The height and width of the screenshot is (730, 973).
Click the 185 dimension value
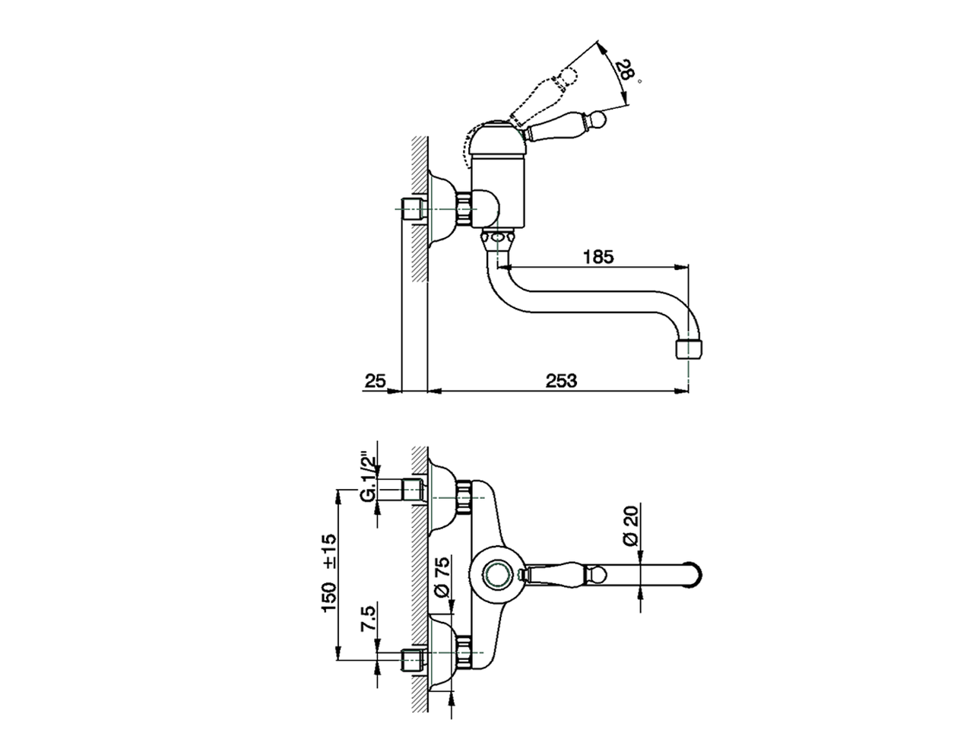[x=597, y=256]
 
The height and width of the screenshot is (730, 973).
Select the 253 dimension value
[x=561, y=381]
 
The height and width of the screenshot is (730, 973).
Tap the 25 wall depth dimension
[x=375, y=381]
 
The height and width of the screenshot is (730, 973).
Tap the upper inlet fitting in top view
[x=414, y=490]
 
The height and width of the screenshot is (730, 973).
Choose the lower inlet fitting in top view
[x=414, y=659]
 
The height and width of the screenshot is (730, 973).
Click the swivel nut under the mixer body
[x=497, y=240]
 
